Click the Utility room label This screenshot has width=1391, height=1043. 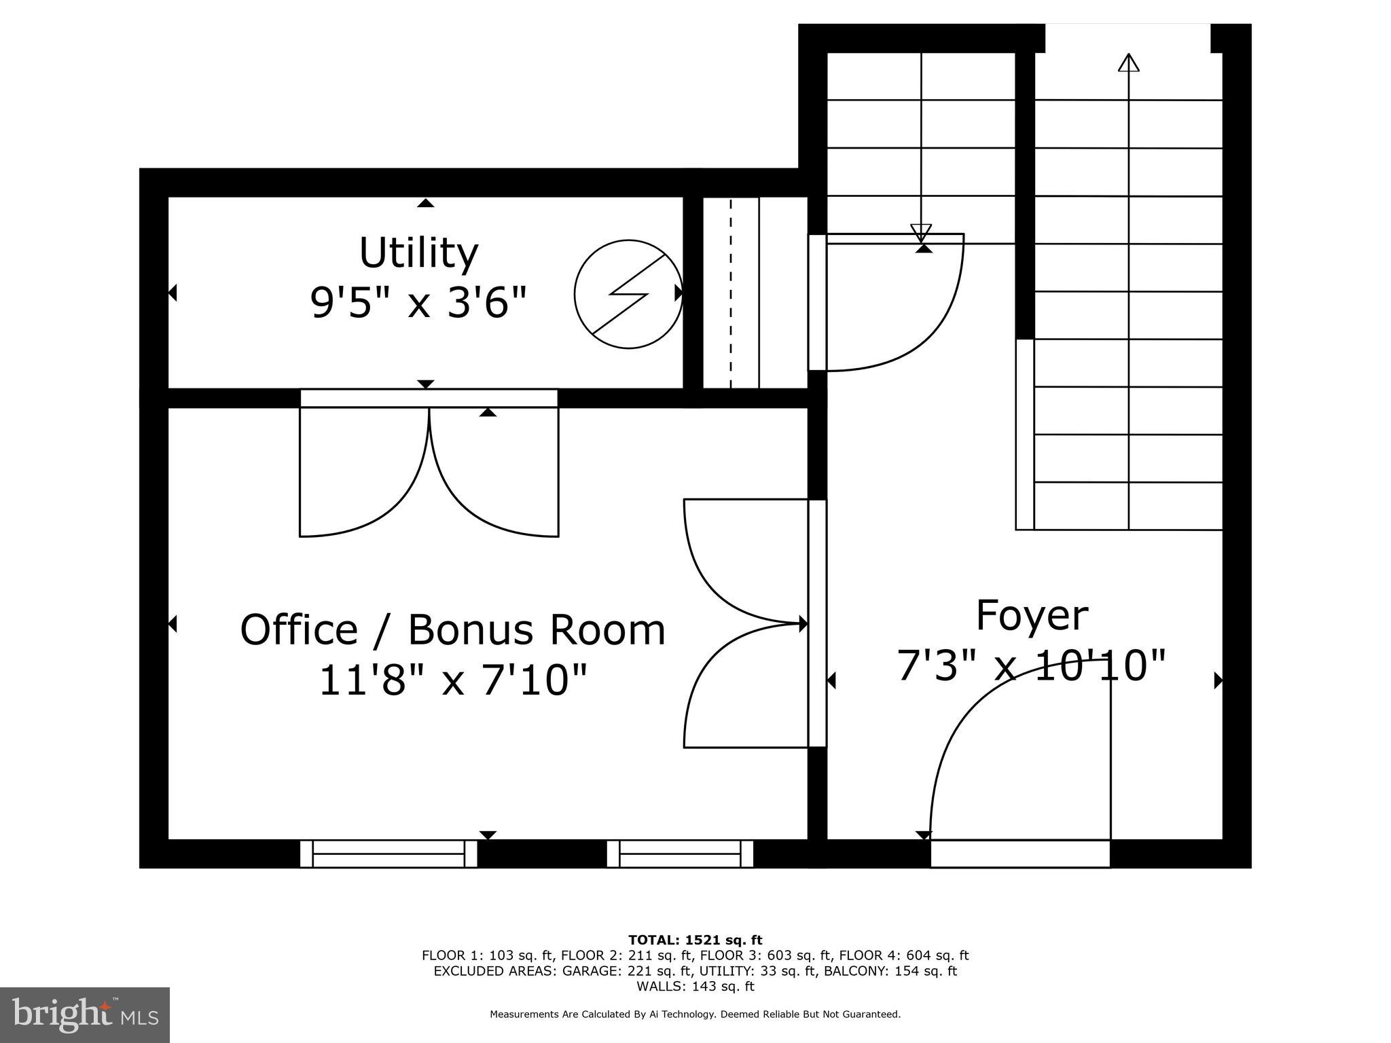pyautogui.click(x=418, y=253)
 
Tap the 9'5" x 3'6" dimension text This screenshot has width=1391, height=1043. pyautogui.click(x=418, y=302)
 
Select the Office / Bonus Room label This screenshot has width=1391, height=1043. pyautogui.click(x=452, y=629)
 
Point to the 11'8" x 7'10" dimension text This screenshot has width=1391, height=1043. pyautogui.click(x=452, y=680)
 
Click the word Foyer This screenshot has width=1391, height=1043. pyautogui.click(x=1031, y=616)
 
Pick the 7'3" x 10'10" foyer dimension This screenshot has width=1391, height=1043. pyautogui.click(x=1031, y=665)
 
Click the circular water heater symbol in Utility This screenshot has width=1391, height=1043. pyautogui.click(x=628, y=294)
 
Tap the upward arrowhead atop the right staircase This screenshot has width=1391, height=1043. pyautogui.click(x=1128, y=62)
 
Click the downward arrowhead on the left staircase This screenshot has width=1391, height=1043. pyautogui.click(x=921, y=233)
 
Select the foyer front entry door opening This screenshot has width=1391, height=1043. pyautogui.click(x=1019, y=854)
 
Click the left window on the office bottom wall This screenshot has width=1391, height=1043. pyautogui.click(x=389, y=854)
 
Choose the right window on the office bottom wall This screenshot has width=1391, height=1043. pyautogui.click(x=680, y=854)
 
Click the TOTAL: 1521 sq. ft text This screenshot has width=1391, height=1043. pyautogui.click(x=695, y=940)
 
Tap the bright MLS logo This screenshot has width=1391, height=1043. pyautogui.click(x=84, y=1014)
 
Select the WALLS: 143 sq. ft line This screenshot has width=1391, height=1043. pyautogui.click(x=695, y=986)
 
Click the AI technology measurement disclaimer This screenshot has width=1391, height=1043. pyautogui.click(x=695, y=1014)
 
